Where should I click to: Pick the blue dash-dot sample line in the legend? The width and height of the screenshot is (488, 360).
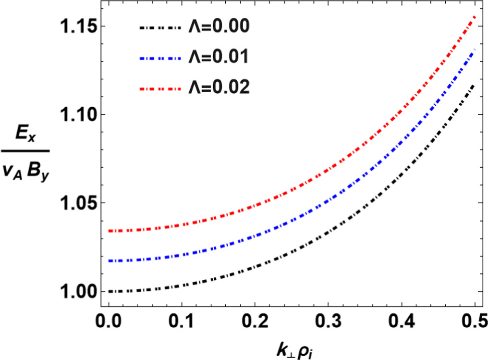[x=159, y=58]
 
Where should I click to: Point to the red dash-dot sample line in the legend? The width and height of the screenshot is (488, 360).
[x=159, y=88]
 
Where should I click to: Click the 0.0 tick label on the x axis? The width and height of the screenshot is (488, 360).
[x=109, y=320]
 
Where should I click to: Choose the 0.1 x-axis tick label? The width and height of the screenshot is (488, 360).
[x=182, y=320]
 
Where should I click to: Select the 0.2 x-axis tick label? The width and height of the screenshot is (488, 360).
[x=255, y=320]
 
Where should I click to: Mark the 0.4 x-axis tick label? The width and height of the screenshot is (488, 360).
[x=402, y=320]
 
